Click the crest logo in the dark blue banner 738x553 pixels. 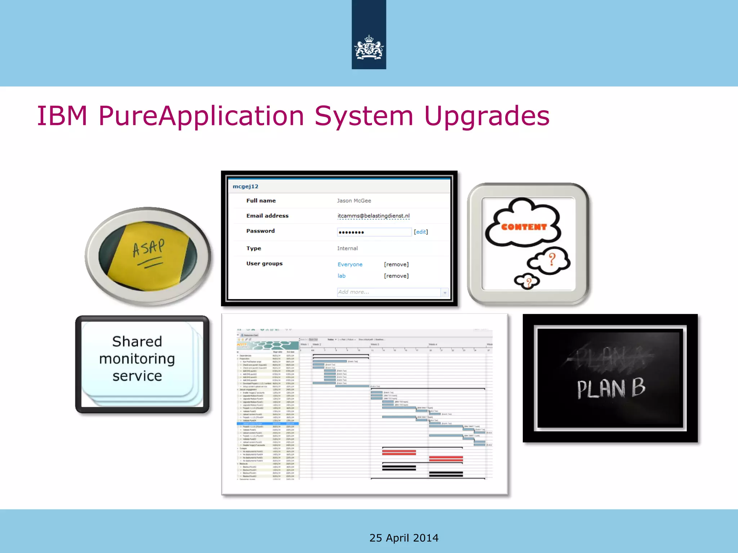[369, 47]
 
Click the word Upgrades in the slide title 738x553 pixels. [486, 116]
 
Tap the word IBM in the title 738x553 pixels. [62, 116]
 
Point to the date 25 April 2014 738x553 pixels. [404, 538]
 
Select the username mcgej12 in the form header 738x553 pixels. [245, 186]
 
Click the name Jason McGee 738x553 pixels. [354, 201]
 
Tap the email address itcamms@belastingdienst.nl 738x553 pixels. [373, 216]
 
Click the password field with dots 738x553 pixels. [374, 232]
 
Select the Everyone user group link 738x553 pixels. [350, 265]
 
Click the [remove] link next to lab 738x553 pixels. [396, 276]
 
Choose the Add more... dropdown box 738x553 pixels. [392, 292]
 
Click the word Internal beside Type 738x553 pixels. [347, 248]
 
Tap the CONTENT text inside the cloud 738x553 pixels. [524, 227]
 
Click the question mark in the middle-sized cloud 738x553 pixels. [552, 259]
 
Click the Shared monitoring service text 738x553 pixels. [137, 359]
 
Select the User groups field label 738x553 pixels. [264, 264]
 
